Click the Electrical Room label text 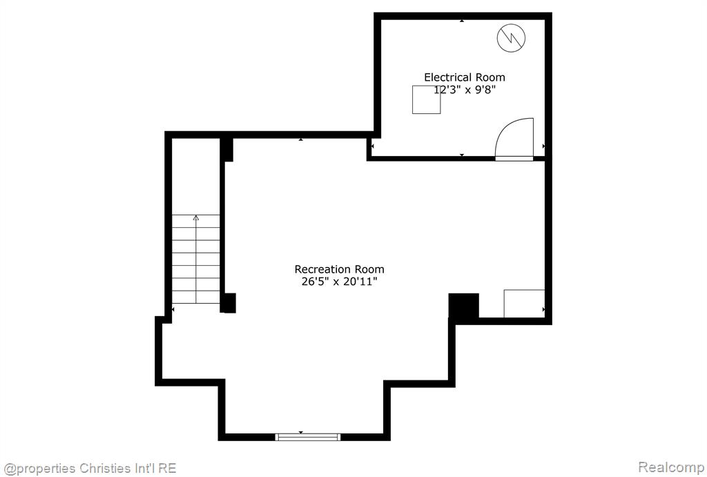(465, 77)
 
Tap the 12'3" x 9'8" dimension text (465, 90)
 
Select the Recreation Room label (339, 269)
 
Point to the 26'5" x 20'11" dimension (339, 282)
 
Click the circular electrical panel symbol (512, 38)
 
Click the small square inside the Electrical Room (426, 99)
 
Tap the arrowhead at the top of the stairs (195, 217)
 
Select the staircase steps (195, 260)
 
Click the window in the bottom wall (308, 437)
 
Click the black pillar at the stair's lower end (228, 303)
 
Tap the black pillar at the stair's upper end (226, 150)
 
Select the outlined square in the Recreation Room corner (524, 304)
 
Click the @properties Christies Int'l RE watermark (90, 469)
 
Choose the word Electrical (449, 77)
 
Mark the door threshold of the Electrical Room (514, 158)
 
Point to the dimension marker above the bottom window (301, 432)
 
